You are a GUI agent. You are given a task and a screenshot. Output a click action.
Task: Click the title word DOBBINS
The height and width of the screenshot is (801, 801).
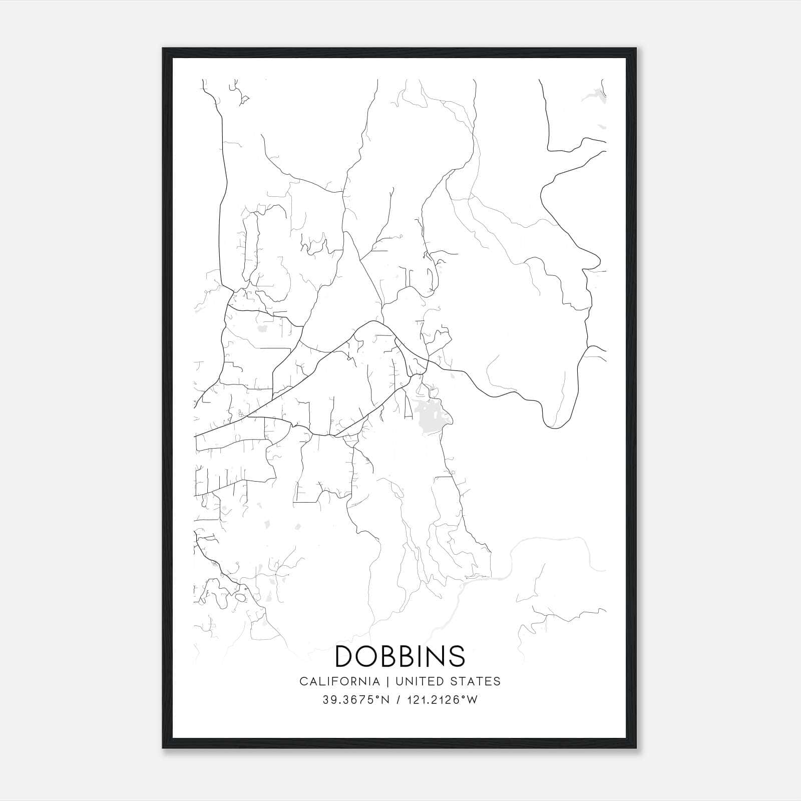click(400, 656)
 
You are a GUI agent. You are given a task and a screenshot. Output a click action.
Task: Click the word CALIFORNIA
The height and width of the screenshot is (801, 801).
click(339, 681)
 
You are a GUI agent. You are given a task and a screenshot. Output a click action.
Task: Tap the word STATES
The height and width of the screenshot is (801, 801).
click(476, 681)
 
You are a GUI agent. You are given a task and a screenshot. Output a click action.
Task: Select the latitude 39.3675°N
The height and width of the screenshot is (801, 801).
click(355, 700)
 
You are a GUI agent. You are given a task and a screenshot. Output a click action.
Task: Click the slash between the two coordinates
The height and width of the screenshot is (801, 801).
click(397, 700)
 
